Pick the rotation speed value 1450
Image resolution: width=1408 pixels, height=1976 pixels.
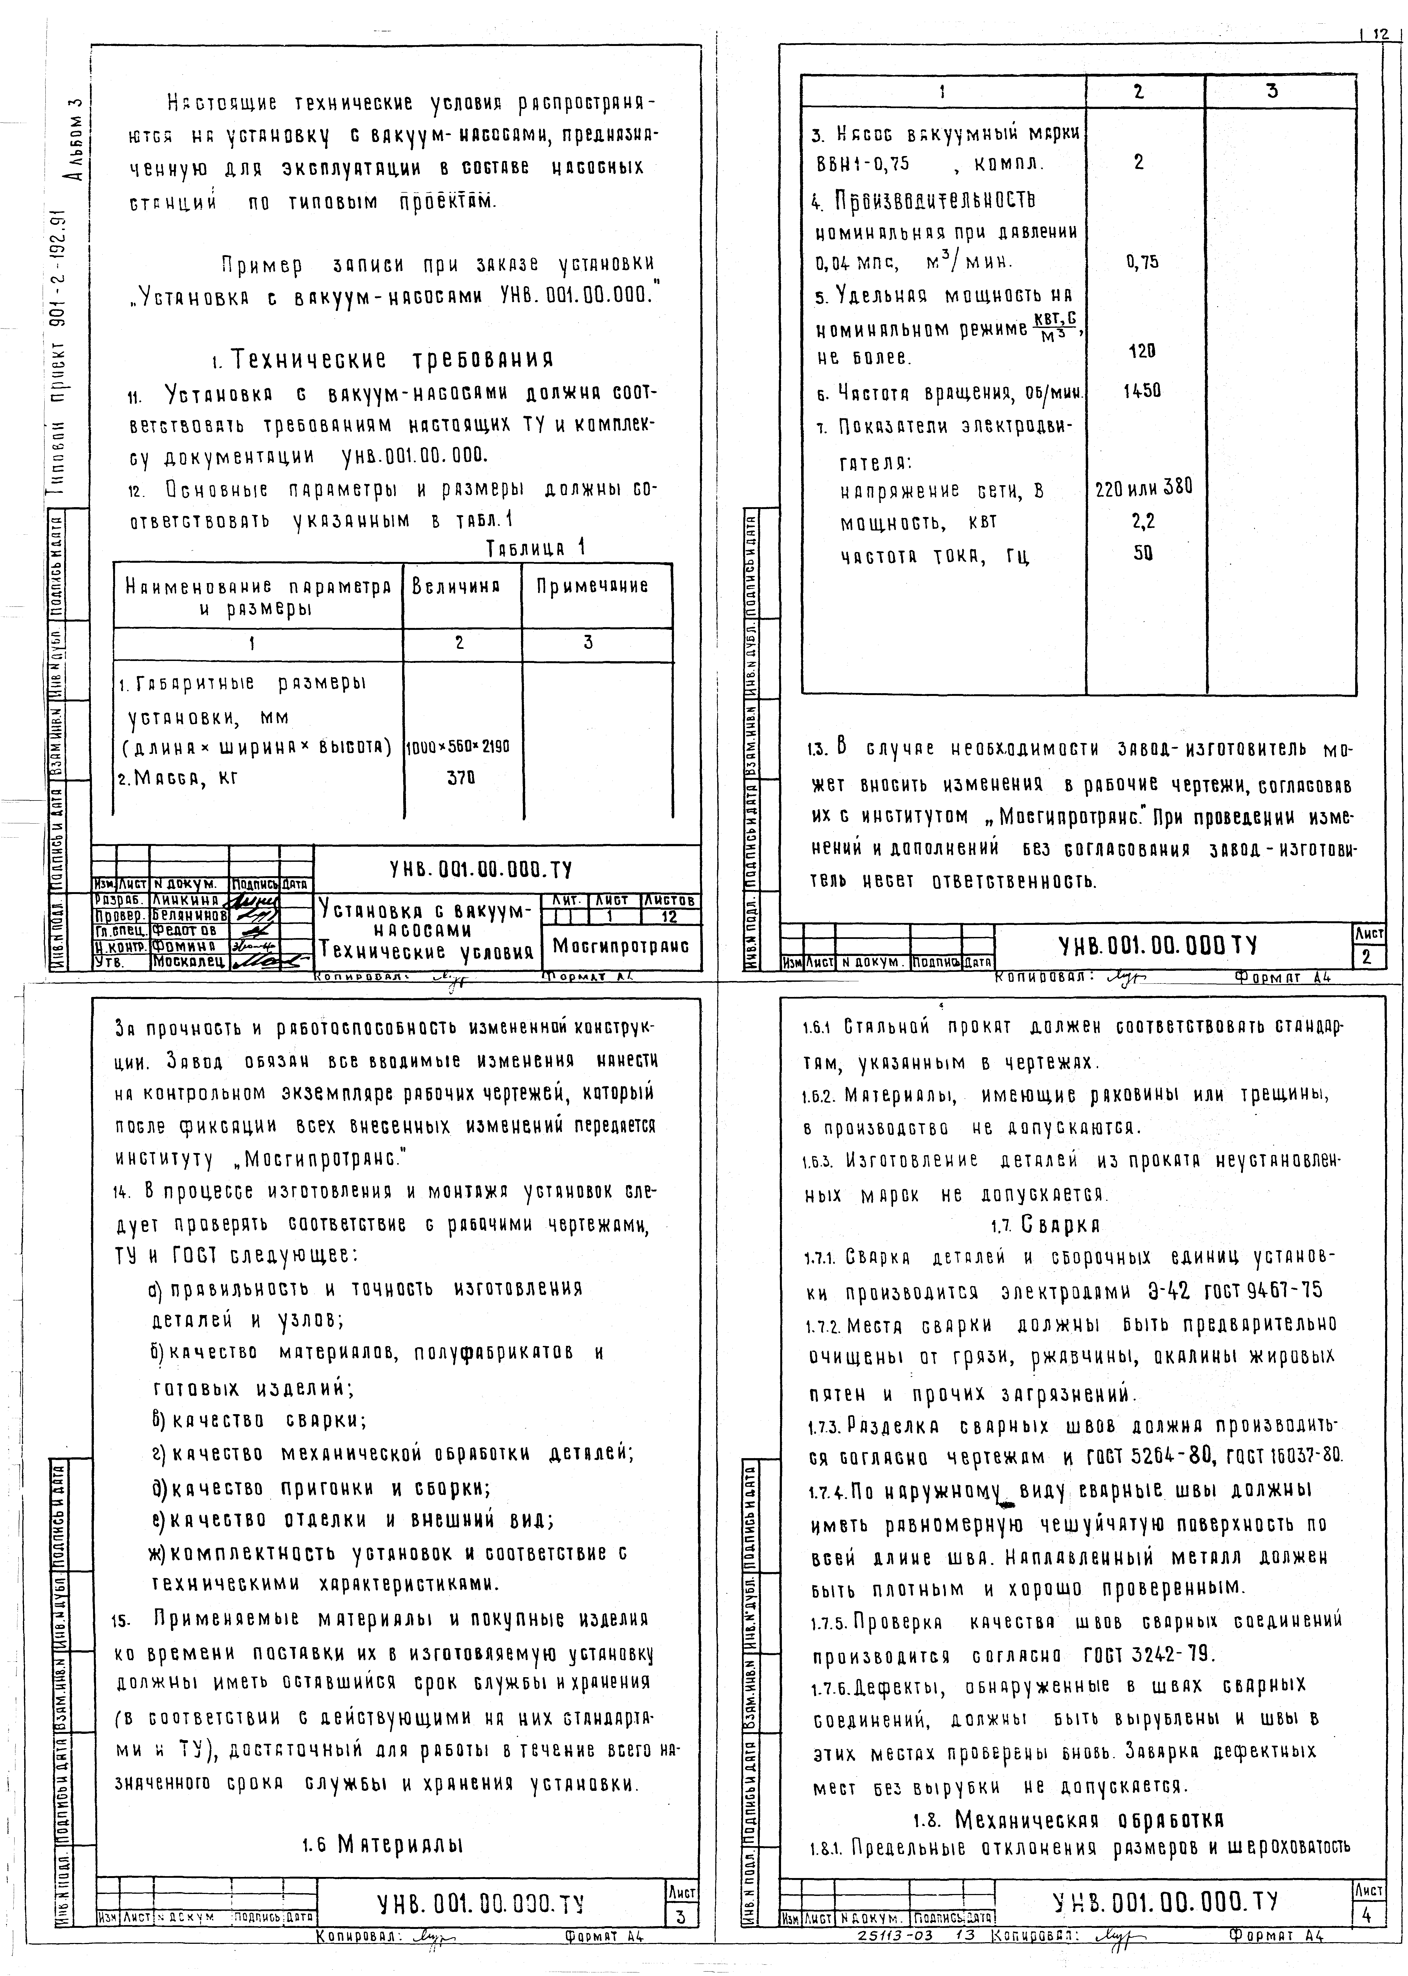point(1141,391)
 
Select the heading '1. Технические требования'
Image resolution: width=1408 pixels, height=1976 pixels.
point(381,359)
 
